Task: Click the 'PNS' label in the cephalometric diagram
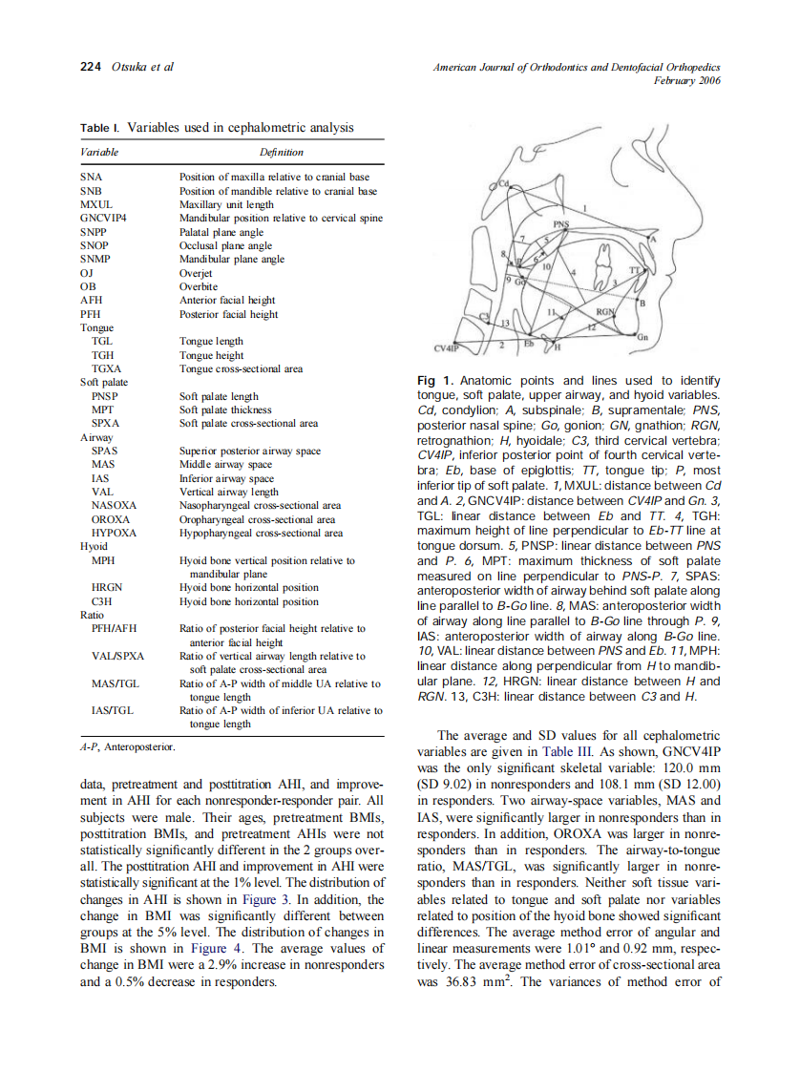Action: [562, 225]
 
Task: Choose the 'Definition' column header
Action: [281, 152]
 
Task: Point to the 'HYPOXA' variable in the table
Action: [114, 533]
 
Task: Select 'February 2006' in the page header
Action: [686, 81]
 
